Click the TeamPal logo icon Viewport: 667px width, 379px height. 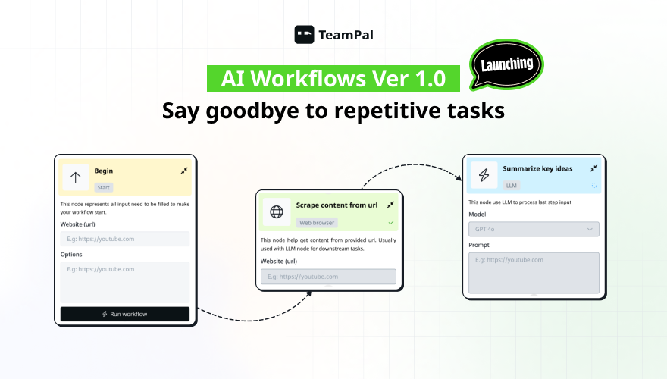(x=304, y=34)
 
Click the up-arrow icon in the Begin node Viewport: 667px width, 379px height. (x=75, y=178)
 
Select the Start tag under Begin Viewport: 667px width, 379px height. (x=104, y=187)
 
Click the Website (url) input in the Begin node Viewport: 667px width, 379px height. (x=124, y=239)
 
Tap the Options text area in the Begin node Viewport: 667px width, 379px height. (x=124, y=281)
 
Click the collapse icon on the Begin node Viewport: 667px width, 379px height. (x=183, y=171)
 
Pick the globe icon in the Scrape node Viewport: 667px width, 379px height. (x=277, y=211)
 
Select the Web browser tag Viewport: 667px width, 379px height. (x=316, y=223)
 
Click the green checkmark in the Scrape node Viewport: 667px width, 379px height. (x=391, y=223)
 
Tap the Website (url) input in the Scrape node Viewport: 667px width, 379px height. (x=328, y=277)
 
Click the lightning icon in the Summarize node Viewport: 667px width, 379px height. (x=484, y=176)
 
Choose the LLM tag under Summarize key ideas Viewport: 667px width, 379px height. (x=512, y=185)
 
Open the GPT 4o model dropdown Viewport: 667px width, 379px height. (x=534, y=229)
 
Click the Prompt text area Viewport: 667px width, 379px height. (x=534, y=272)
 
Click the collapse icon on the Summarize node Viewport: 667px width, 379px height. (x=593, y=168)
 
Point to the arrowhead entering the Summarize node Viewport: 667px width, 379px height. (x=459, y=177)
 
